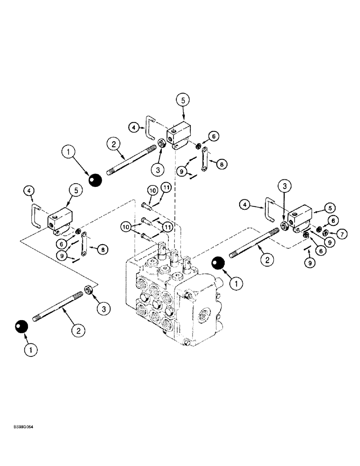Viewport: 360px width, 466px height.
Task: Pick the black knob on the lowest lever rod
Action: (21, 327)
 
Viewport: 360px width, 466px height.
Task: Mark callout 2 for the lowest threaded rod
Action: (77, 330)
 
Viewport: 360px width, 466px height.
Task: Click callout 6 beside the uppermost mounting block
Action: (213, 136)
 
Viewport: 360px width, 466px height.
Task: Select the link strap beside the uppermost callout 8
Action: (204, 160)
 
